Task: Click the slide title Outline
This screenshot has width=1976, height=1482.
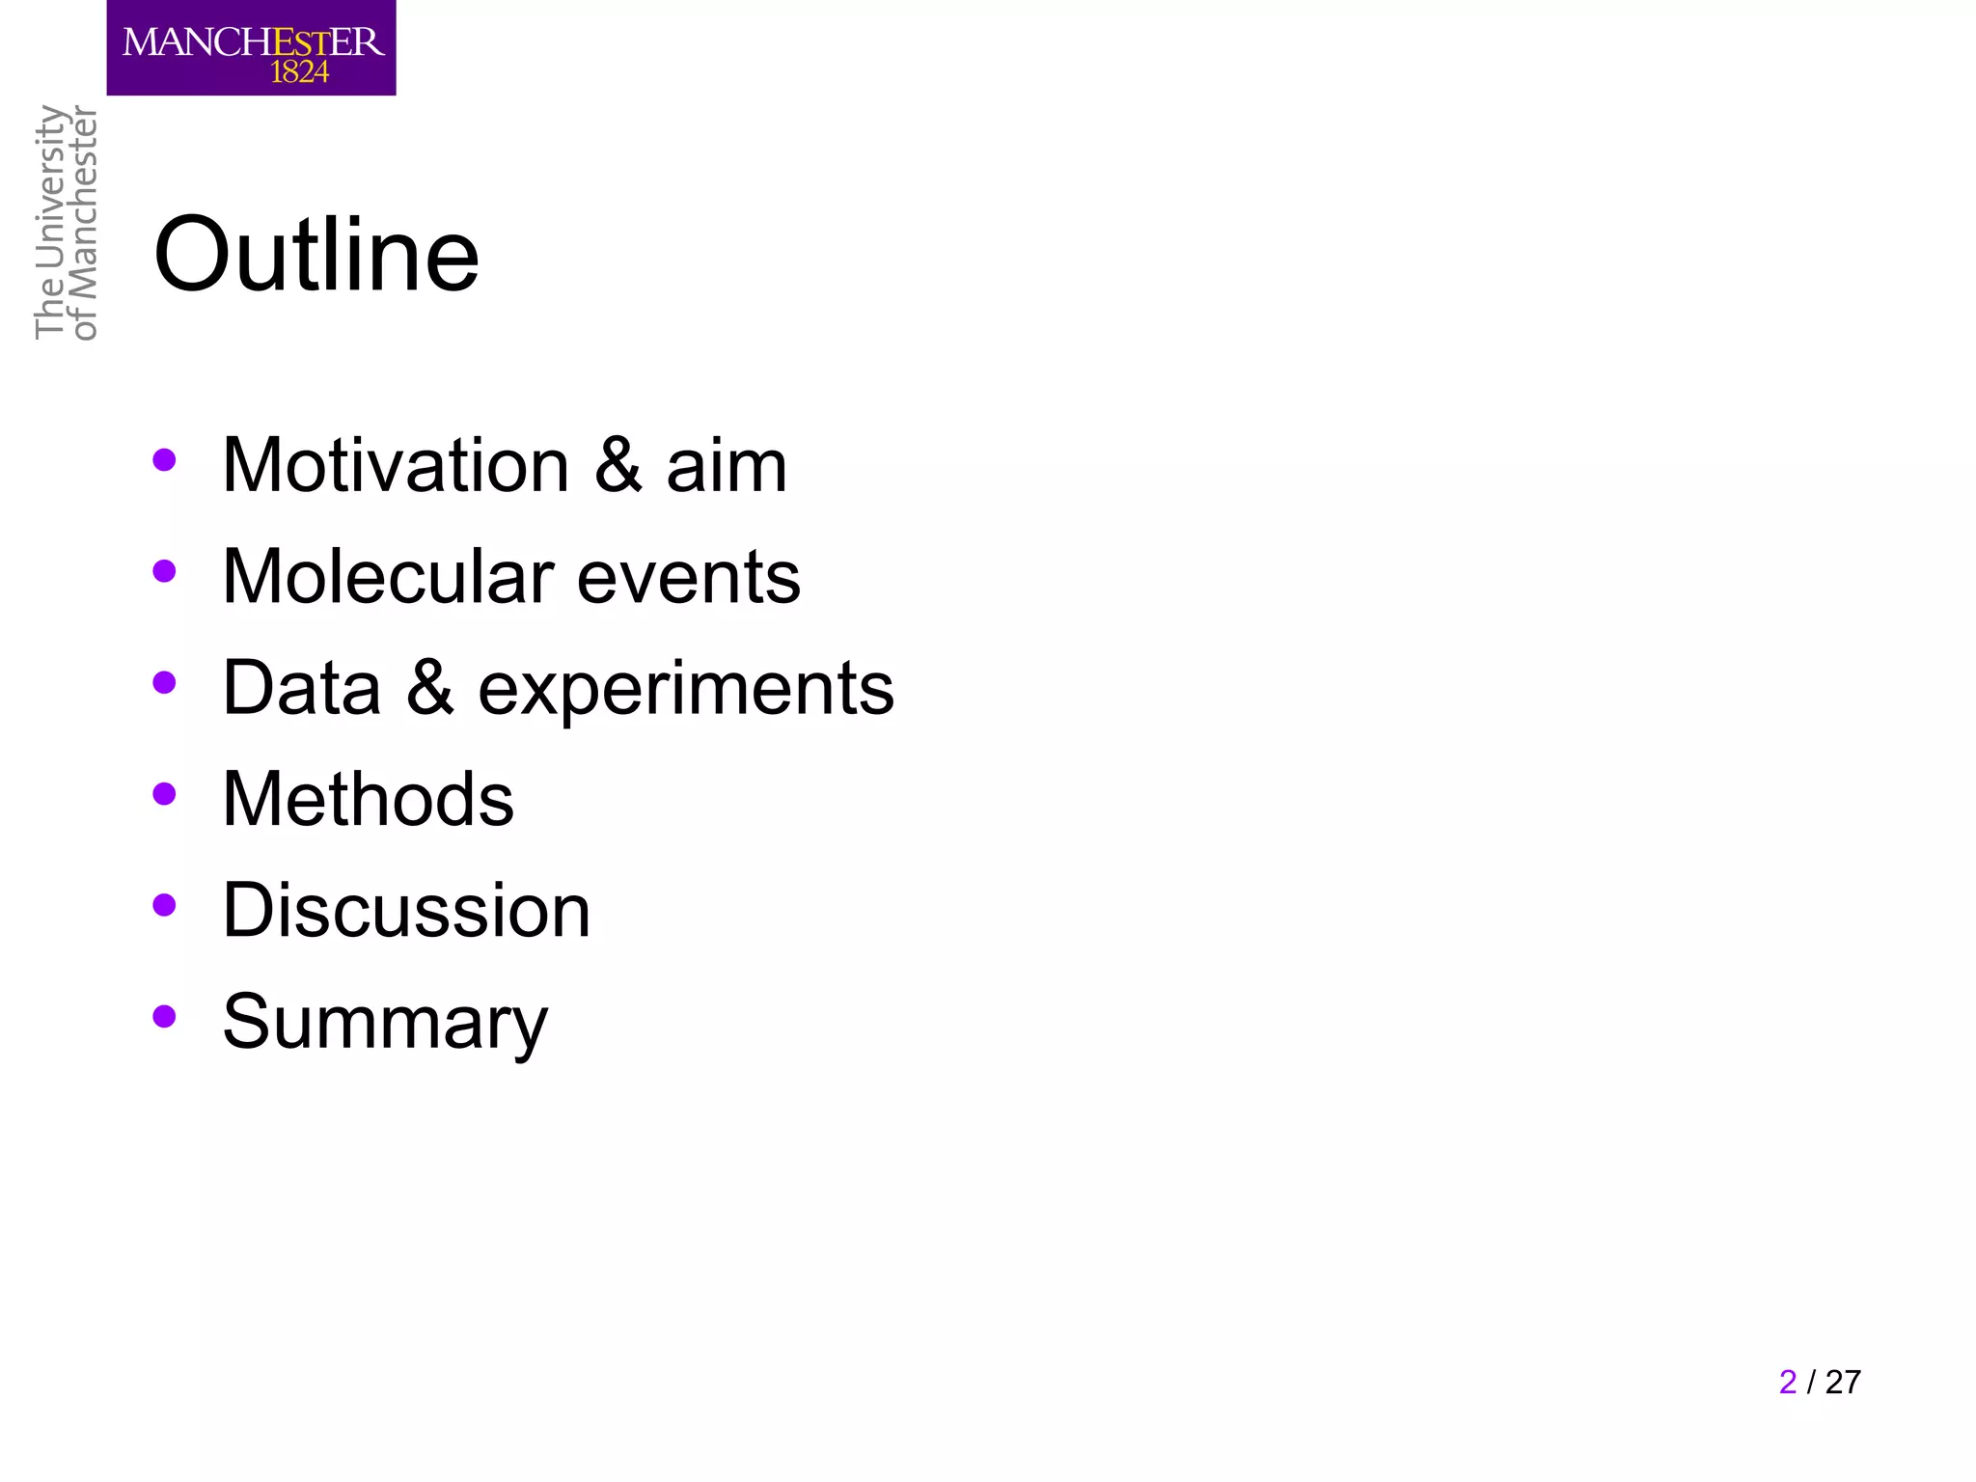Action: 316,256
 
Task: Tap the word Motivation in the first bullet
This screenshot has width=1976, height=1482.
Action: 396,466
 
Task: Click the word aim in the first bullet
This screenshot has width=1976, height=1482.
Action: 727,466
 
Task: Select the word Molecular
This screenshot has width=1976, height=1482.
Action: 388,577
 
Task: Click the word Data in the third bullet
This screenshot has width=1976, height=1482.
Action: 302,688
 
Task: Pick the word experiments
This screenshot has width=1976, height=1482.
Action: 686,690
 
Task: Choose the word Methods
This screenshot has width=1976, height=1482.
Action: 369,799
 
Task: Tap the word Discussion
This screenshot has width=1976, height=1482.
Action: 406,911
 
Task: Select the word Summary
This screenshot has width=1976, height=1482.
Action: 385,1023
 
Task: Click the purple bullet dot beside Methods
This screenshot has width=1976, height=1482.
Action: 165,794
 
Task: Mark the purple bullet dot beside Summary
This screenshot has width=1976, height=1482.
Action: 165,1016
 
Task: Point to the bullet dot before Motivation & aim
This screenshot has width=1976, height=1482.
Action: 165,460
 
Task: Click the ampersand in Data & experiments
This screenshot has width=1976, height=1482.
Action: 429,688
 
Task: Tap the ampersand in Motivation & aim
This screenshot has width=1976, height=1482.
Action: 618,466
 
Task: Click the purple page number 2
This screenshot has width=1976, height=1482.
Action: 1788,1382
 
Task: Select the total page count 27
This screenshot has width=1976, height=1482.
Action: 1843,1382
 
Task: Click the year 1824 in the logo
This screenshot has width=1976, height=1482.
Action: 299,72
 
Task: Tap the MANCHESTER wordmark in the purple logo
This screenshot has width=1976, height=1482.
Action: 253,41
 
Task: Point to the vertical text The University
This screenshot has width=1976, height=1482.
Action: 49,222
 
